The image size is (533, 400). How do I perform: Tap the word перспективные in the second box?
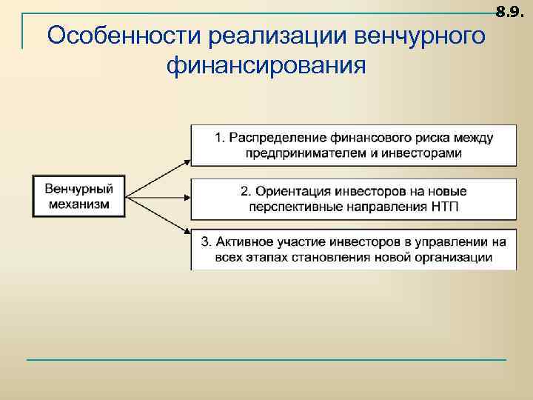coord(290,206)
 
